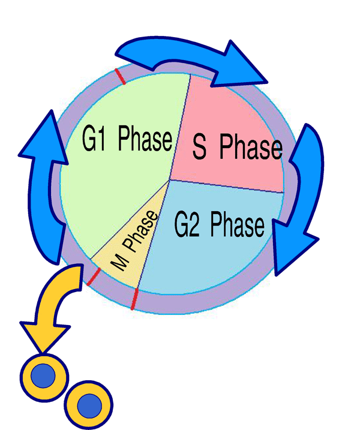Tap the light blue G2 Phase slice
pyautogui.click(x=210, y=252)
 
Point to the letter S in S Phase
pyautogui.click(x=201, y=147)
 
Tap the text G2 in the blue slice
pyautogui.click(x=187, y=225)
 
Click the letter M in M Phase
pyautogui.click(x=119, y=262)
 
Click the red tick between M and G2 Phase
pyautogui.click(x=134, y=299)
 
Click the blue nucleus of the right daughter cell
pyautogui.click(x=89, y=403)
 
